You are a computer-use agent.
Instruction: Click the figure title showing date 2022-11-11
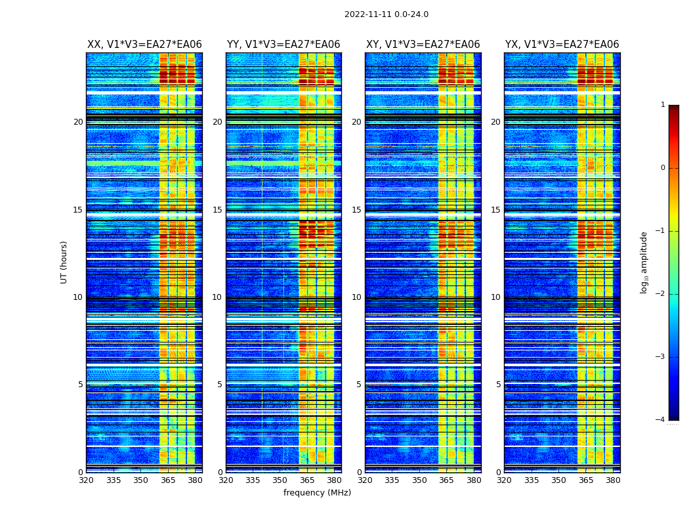click(386, 14)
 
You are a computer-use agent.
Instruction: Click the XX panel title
click(144, 45)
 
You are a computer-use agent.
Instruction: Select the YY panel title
click(283, 45)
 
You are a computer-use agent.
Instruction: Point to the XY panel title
click(423, 45)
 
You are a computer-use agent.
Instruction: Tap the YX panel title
click(562, 45)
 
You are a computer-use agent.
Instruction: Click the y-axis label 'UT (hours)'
click(64, 262)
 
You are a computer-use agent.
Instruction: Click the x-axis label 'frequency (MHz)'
click(317, 493)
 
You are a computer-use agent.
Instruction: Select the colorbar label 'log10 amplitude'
click(644, 262)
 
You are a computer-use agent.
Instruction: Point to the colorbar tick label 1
click(663, 105)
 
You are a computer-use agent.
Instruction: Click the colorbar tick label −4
click(661, 420)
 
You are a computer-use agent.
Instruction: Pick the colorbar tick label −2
click(661, 294)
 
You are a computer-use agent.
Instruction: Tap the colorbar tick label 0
click(663, 168)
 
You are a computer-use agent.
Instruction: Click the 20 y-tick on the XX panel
click(78, 122)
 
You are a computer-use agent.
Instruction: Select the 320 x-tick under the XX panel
click(86, 480)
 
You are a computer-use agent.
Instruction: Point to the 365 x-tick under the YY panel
click(307, 480)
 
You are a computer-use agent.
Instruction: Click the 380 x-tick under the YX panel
click(613, 480)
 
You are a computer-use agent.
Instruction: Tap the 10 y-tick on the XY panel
click(356, 297)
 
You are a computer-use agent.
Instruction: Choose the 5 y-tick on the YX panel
click(498, 385)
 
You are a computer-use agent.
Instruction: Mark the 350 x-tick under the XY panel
click(419, 480)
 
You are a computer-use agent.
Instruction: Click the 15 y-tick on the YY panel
click(217, 210)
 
